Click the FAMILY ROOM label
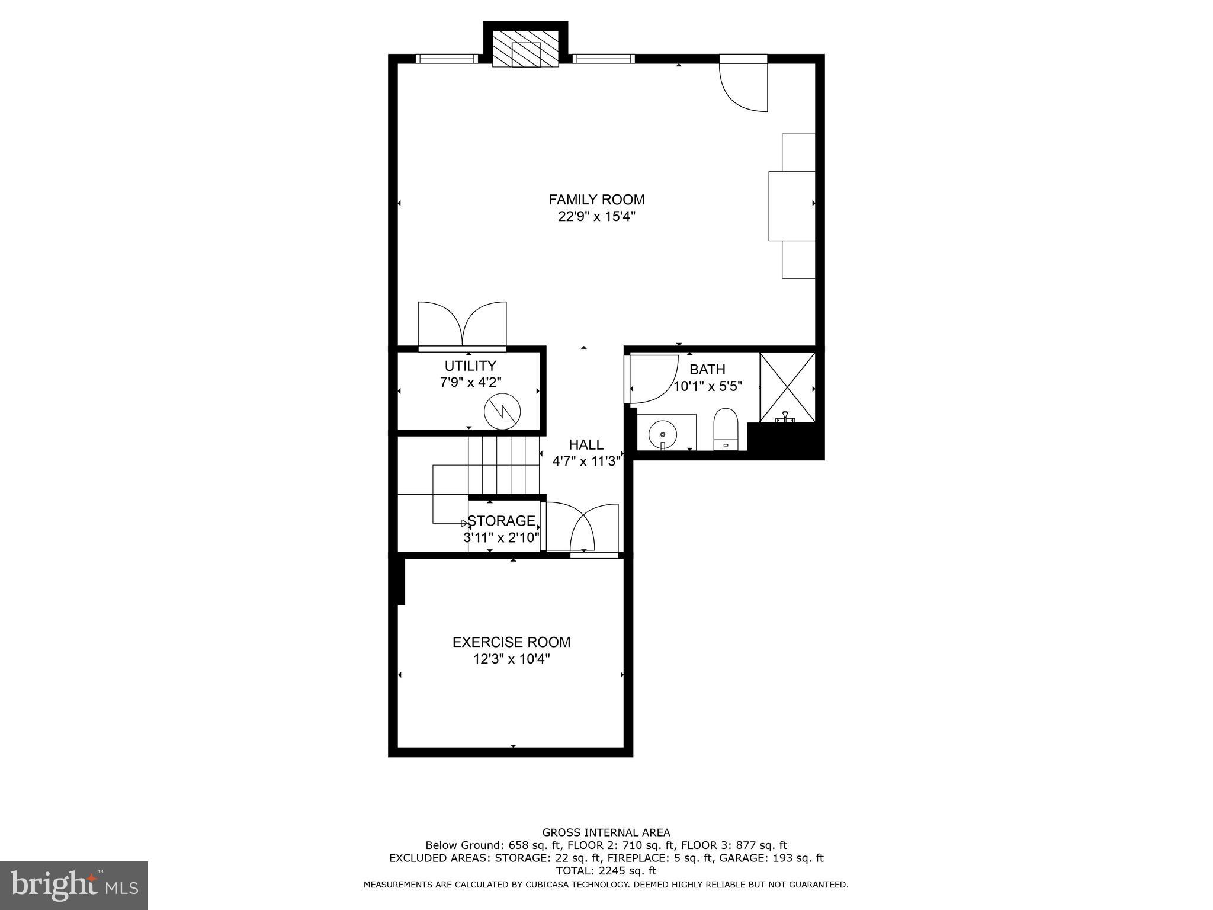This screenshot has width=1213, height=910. [596, 200]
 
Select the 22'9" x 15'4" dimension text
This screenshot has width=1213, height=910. [596, 217]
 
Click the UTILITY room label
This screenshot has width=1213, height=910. [470, 366]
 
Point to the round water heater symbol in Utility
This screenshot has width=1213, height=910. [502, 412]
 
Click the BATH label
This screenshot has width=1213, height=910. [707, 370]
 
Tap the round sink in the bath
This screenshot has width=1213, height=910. [662, 435]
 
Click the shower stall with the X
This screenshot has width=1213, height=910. [787, 387]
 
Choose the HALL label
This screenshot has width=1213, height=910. [586, 444]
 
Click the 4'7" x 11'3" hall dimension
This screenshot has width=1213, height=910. [586, 461]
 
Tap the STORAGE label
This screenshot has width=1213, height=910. [501, 521]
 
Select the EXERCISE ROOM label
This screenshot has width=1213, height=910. [511, 642]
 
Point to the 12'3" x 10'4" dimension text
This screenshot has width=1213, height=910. [511, 659]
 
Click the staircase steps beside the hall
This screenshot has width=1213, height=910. [503, 465]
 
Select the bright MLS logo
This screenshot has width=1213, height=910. [74, 886]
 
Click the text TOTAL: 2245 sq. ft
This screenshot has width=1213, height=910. [606, 871]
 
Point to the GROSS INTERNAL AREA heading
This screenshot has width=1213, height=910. [606, 832]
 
